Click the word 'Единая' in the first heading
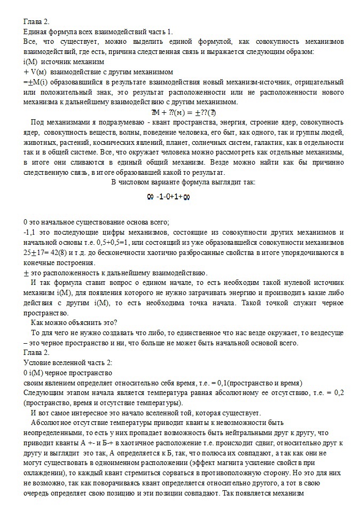pyautogui.click(x=36, y=32)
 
